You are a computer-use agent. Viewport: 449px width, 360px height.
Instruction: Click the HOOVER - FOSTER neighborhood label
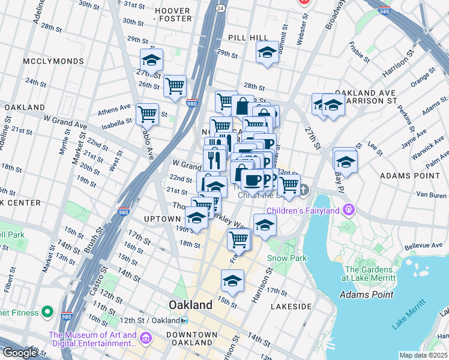pyautogui.click(x=173, y=14)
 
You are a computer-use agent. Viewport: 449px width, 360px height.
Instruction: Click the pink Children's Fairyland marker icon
pyautogui.click(x=348, y=210)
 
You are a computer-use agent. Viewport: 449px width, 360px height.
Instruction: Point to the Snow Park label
pyautogui.click(x=287, y=258)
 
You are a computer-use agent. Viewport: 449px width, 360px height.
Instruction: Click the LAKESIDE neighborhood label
pyautogui.click(x=291, y=306)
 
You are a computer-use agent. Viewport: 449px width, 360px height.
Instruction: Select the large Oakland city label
pyautogui.click(x=190, y=305)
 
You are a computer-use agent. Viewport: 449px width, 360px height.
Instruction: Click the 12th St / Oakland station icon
pyautogui.click(x=185, y=320)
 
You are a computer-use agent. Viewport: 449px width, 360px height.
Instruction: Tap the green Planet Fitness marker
pyautogui.click(x=47, y=312)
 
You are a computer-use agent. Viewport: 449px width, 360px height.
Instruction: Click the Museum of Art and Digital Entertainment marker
pyautogui.click(x=145, y=340)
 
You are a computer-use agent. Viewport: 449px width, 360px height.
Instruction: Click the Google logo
pyautogui.click(x=19, y=353)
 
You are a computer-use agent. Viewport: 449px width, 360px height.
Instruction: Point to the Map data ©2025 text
pyautogui.click(x=423, y=355)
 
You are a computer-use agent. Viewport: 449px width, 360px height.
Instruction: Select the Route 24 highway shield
pyautogui.click(x=221, y=8)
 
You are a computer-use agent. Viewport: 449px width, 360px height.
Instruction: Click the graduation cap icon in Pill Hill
pyautogui.click(x=267, y=53)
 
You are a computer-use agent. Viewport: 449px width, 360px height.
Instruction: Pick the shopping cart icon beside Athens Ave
pyautogui.click(x=147, y=113)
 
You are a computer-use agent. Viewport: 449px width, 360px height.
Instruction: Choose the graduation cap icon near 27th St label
pyautogui.click(x=152, y=60)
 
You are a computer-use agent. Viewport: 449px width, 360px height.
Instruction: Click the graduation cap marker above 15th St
pyautogui.click(x=232, y=280)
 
